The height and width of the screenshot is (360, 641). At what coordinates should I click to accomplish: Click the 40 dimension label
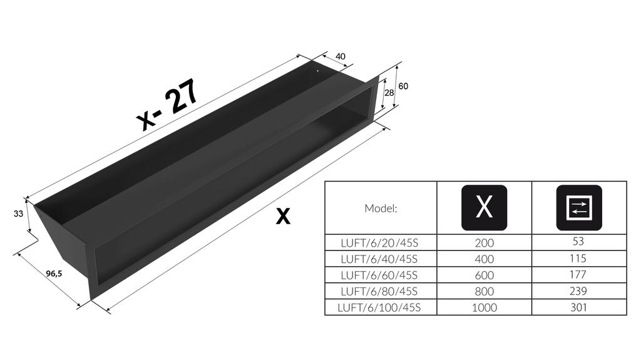pyautogui.click(x=341, y=56)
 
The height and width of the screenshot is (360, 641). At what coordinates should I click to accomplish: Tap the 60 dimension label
pyautogui.click(x=403, y=86)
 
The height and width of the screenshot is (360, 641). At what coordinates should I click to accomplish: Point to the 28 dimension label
pyautogui.click(x=388, y=93)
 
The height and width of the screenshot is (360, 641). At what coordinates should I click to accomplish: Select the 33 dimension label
pyautogui.click(x=18, y=213)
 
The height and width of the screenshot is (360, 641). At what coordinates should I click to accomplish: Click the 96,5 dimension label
pyautogui.click(x=54, y=274)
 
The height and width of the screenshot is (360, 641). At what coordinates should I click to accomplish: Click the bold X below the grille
pyautogui.click(x=284, y=217)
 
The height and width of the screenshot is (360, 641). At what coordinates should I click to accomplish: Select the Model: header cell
pyautogui.click(x=381, y=208)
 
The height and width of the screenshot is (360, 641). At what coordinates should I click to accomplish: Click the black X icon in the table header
pyautogui.click(x=484, y=207)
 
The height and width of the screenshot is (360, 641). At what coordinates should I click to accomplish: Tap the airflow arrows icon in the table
pyautogui.click(x=579, y=207)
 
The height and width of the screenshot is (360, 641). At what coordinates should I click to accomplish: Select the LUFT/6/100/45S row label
pyautogui.click(x=379, y=307)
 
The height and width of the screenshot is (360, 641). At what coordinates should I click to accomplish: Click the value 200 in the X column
pyautogui.click(x=484, y=242)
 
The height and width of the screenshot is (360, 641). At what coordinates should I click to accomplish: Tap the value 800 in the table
pyautogui.click(x=484, y=291)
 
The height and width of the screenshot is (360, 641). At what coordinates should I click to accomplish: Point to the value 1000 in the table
pyautogui.click(x=484, y=307)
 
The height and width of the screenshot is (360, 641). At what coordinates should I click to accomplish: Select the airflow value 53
pyautogui.click(x=578, y=241)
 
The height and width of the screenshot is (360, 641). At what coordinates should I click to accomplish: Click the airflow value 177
pyautogui.click(x=578, y=274)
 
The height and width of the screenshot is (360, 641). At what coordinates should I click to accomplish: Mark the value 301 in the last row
pyautogui.click(x=578, y=307)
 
